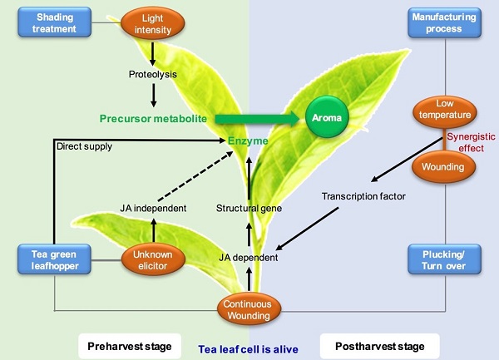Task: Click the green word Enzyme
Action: [x=248, y=142]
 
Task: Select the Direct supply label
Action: [x=84, y=146]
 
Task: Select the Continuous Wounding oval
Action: [x=246, y=310]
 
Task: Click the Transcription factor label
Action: [x=363, y=197]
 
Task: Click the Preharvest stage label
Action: [x=131, y=343]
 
